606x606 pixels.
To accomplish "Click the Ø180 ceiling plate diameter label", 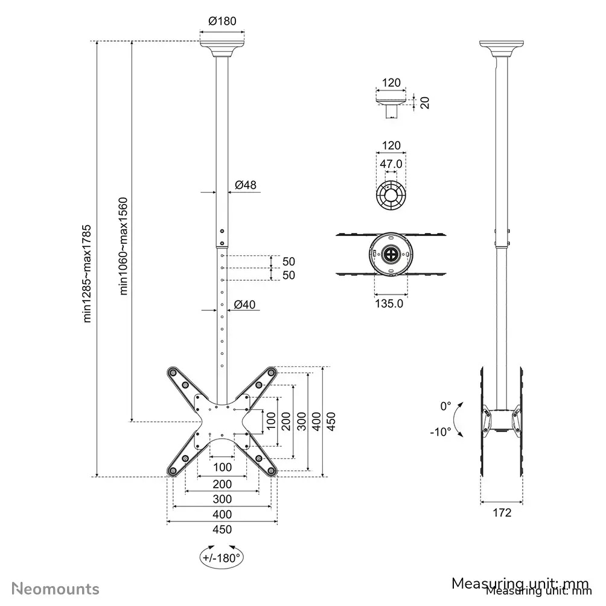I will pos(222,21).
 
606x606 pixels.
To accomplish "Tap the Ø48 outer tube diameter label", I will pos(246,185).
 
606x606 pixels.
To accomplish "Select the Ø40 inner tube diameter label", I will pos(246,305).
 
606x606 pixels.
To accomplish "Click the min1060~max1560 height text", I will pos(124,246).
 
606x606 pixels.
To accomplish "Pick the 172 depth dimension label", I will pos(502,513).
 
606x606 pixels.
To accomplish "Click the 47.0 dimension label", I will pos(391,164).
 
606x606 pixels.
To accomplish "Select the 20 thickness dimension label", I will pos(424,103).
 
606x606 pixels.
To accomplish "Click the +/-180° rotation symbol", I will pos(222,557).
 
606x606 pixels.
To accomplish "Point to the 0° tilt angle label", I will pos(445,407).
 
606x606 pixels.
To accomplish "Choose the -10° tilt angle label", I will pos(441,432).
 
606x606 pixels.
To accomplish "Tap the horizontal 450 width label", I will pos(222,530).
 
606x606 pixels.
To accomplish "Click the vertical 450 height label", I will pos(331,421).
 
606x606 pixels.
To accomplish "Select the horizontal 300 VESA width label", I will pos(222,499).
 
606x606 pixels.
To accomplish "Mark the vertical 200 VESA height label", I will pos(285,421).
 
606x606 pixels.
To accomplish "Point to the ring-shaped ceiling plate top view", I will pos(391,194).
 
